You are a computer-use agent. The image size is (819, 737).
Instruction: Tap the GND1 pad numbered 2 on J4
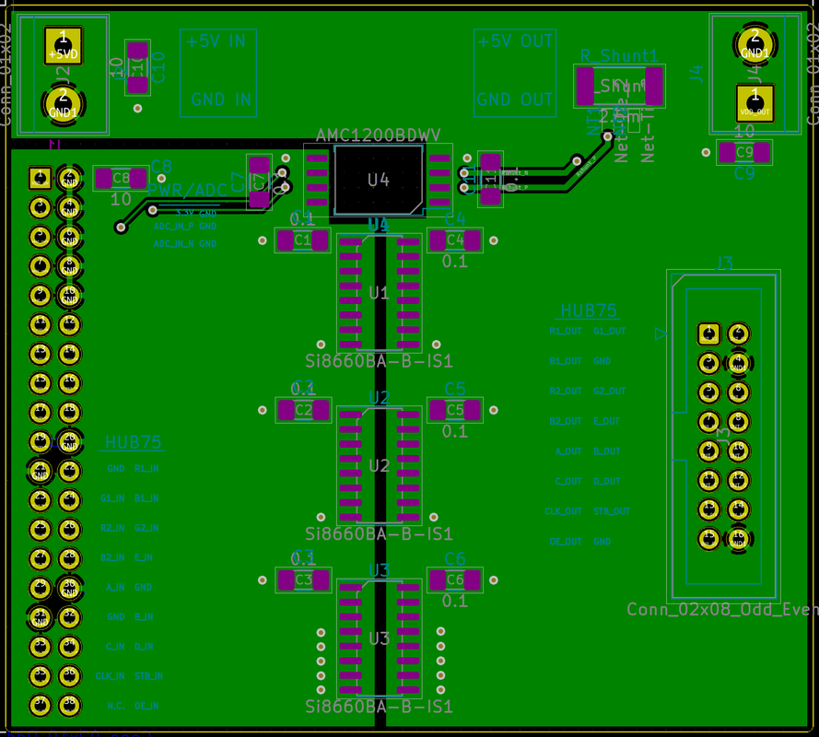(755, 43)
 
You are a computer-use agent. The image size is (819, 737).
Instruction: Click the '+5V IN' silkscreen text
(217, 41)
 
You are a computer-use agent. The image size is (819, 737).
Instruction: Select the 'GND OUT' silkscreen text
(515, 99)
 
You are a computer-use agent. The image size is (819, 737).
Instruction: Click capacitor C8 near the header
(121, 179)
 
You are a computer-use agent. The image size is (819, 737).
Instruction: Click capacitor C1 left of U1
(303, 240)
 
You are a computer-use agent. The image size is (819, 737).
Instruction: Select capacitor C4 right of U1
(455, 240)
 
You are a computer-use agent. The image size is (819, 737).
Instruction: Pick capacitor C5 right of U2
(455, 410)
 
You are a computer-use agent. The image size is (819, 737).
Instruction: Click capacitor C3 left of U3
(303, 579)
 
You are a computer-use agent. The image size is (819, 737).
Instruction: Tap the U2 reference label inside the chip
(379, 465)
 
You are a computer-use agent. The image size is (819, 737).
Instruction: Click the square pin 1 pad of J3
(708, 333)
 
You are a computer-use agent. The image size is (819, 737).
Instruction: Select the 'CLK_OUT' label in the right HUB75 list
(563, 511)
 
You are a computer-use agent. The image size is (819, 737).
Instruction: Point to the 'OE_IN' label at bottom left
(147, 705)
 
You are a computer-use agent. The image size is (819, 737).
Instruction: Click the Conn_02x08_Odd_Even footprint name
(720, 609)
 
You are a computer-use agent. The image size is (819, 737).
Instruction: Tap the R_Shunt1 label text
(619, 56)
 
